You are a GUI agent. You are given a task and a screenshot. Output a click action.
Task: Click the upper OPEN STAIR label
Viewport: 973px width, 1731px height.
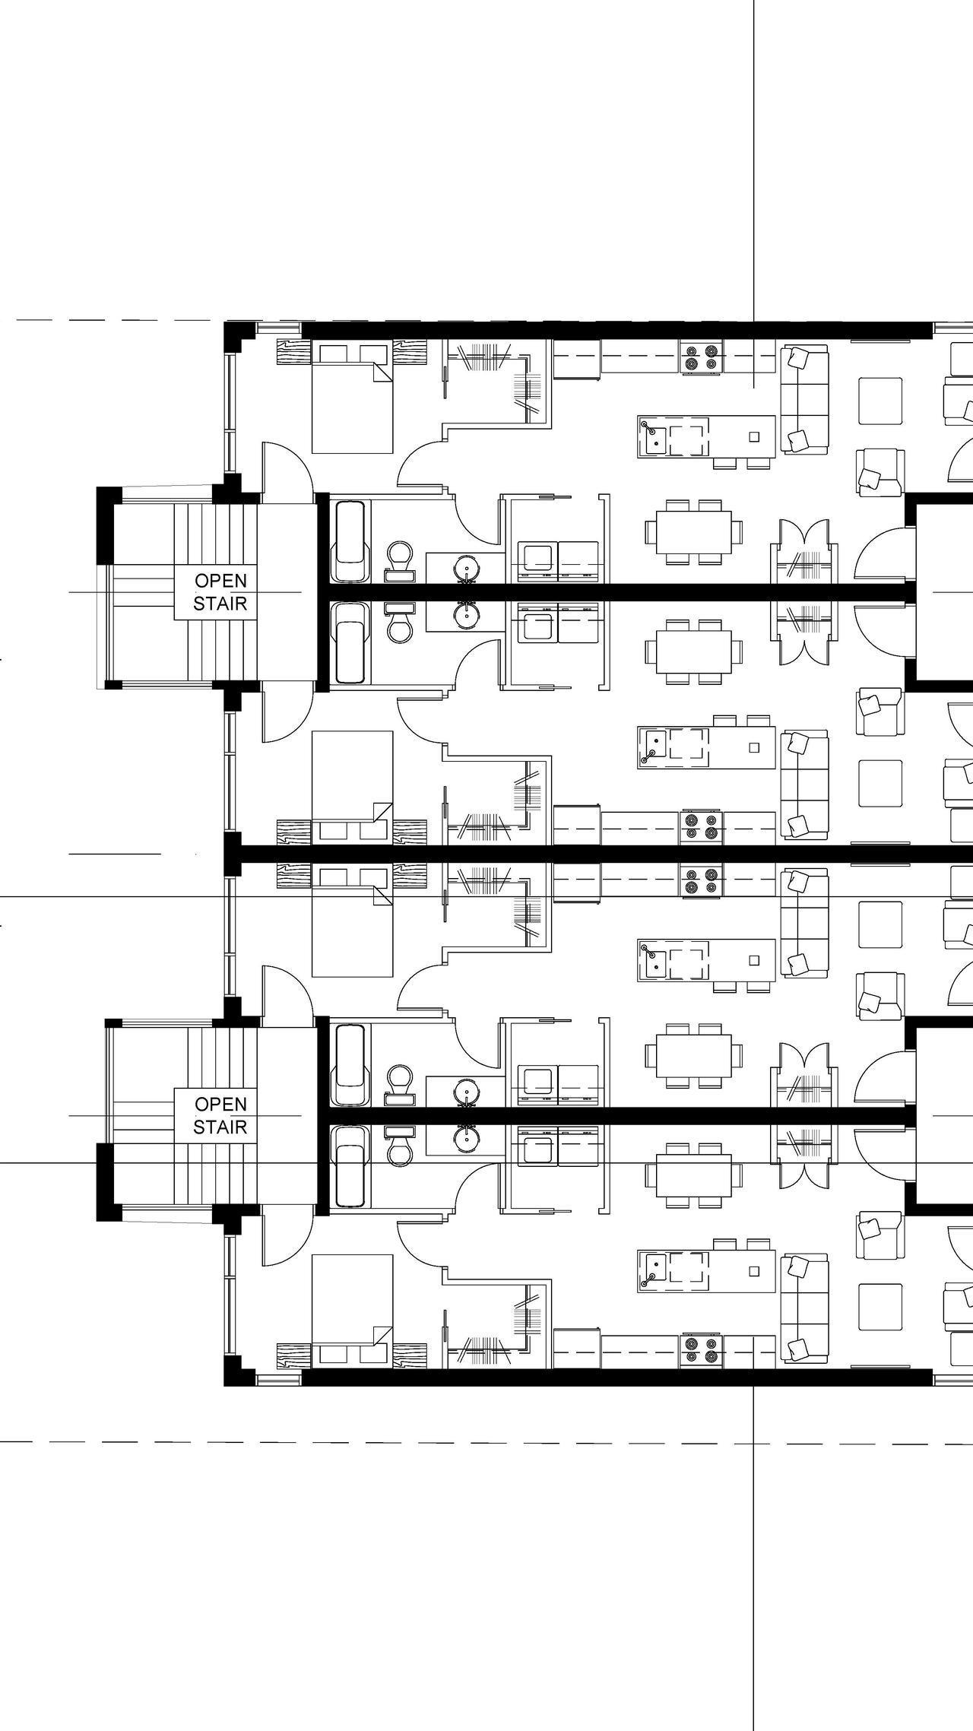[x=220, y=591]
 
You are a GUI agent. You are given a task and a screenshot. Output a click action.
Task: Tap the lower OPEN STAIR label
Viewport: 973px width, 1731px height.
[x=220, y=1115]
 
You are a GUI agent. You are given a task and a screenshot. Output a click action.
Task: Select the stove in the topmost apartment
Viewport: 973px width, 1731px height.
[x=701, y=357]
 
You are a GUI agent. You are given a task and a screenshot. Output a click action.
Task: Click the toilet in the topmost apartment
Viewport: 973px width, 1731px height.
[x=400, y=559]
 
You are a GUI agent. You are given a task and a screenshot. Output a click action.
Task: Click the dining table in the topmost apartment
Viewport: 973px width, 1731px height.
[x=694, y=531]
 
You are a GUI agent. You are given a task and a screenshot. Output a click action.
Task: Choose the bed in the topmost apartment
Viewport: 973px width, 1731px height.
[x=353, y=398]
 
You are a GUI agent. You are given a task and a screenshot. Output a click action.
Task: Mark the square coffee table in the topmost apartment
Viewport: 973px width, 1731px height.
[x=880, y=401]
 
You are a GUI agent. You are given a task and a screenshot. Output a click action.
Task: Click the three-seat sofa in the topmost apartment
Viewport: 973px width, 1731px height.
[x=804, y=400]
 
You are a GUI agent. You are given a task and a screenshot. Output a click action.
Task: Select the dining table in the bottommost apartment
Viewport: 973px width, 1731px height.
[x=694, y=1175]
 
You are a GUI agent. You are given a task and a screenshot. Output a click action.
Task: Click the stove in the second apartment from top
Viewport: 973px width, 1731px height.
[x=701, y=826]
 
